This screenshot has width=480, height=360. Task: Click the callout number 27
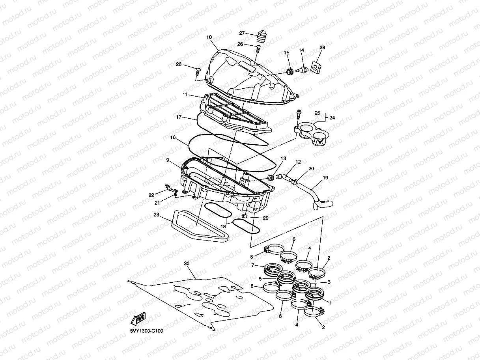tap(242, 33)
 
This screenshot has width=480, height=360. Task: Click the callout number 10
tap(209, 37)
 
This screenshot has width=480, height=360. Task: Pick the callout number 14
tap(301, 50)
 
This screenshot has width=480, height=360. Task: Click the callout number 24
tap(332, 117)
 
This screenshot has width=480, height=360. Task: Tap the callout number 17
tap(179, 117)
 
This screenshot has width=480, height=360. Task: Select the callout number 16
tap(173, 138)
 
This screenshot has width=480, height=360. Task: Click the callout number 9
tap(168, 160)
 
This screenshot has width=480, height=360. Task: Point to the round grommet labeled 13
tap(271, 177)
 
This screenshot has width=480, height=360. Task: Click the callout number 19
tap(325, 178)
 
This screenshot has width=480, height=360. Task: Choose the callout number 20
tap(311, 168)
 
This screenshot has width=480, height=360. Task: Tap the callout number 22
tap(151, 195)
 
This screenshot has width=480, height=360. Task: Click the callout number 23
tap(157, 215)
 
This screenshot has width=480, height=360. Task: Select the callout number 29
tap(265, 218)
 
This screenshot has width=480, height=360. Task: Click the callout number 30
tap(187, 263)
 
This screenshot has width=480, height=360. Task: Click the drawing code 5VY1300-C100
tap(146, 331)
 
